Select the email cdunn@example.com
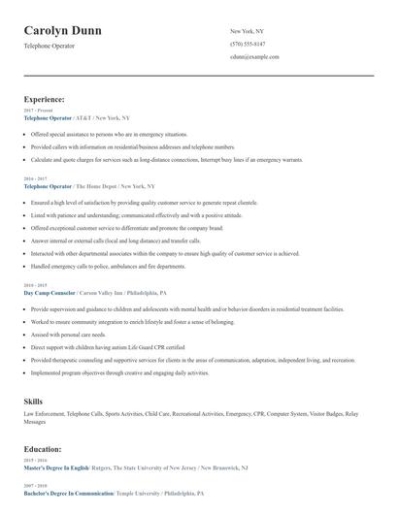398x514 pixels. click(x=254, y=57)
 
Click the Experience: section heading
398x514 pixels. click(x=45, y=99)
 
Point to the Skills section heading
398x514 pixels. click(x=33, y=400)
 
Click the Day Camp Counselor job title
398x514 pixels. click(x=50, y=292)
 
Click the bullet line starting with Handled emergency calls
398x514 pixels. click(x=108, y=266)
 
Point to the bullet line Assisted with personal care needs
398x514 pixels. click(x=68, y=334)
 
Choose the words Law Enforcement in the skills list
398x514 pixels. click(x=44, y=413)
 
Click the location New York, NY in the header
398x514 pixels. click(x=247, y=31)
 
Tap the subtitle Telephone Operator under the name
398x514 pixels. click(x=50, y=46)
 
